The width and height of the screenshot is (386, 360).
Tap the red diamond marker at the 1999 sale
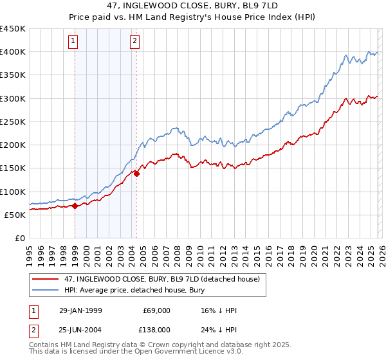pyautogui.click(x=75, y=206)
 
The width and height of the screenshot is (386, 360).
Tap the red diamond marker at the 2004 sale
pyautogui.click(x=136, y=174)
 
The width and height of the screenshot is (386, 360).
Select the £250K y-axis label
pyautogui.click(x=13, y=122)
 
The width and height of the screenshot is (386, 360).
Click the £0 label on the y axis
pyautogui.click(x=19, y=238)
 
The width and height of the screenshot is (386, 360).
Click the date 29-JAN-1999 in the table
pyautogui.click(x=80, y=310)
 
